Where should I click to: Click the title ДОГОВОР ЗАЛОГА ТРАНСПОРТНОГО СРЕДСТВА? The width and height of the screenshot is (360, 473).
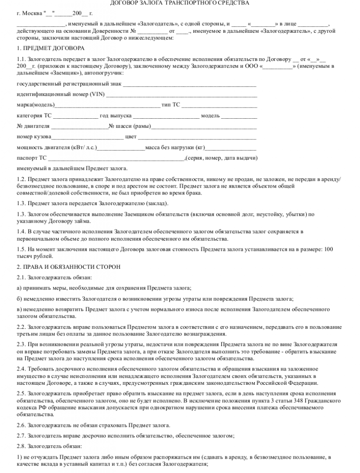click(x=180, y=3)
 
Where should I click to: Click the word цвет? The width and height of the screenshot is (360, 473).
click(x=131, y=137)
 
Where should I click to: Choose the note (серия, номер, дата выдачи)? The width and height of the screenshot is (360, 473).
click(x=221, y=158)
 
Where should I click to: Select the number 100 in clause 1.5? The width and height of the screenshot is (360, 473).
click(x=328, y=249)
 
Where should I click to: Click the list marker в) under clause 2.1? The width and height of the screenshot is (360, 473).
click(x=19, y=309)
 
